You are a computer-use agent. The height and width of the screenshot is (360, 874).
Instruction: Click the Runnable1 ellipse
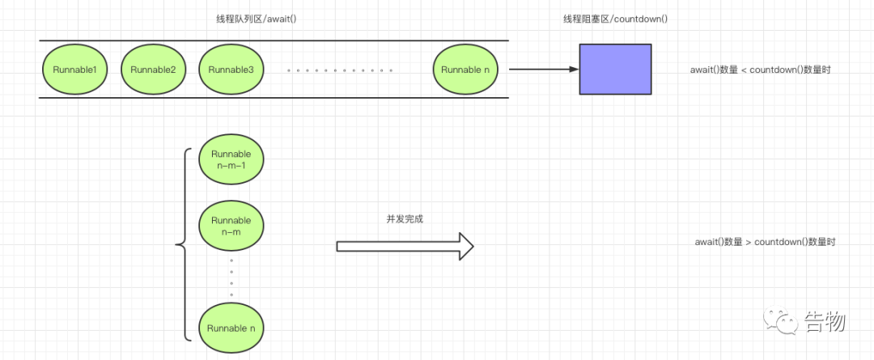tap(74, 70)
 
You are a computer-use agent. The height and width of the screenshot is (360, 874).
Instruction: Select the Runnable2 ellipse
tap(153, 70)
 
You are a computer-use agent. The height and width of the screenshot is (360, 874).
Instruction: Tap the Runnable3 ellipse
tap(231, 70)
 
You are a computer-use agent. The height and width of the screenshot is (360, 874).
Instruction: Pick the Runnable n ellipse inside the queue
tap(466, 70)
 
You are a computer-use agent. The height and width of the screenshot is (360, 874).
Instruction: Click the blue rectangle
tap(615, 69)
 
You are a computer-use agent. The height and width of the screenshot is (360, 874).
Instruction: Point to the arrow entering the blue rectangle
tap(544, 70)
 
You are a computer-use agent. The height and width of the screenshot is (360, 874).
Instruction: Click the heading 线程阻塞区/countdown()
tap(616, 19)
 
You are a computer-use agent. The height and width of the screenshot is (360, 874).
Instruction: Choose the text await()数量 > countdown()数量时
tap(765, 243)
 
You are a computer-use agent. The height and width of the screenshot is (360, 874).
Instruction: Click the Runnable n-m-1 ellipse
tap(231, 160)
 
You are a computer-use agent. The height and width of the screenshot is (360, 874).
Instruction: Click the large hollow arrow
tap(405, 246)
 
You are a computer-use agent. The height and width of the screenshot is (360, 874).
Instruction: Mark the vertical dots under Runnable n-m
tap(231, 277)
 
